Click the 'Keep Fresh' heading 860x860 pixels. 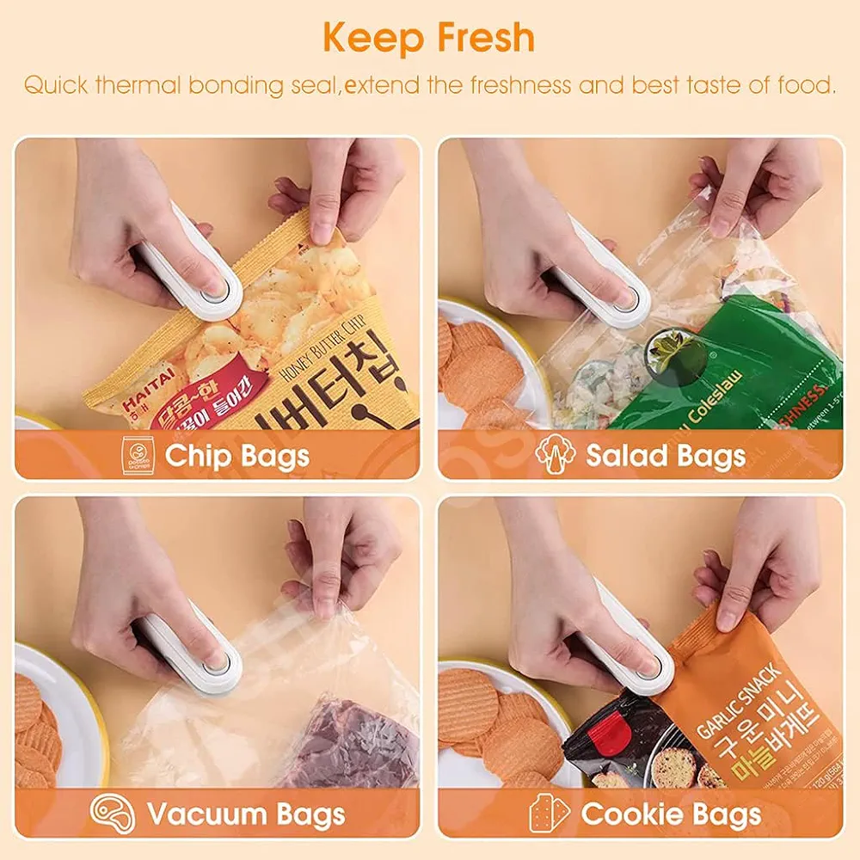429,39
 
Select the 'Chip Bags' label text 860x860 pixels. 236,456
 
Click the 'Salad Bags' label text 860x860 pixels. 666,456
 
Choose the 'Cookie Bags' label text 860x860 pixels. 671,813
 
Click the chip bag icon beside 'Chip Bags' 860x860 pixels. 138,455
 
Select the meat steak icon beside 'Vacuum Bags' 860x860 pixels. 112,813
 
